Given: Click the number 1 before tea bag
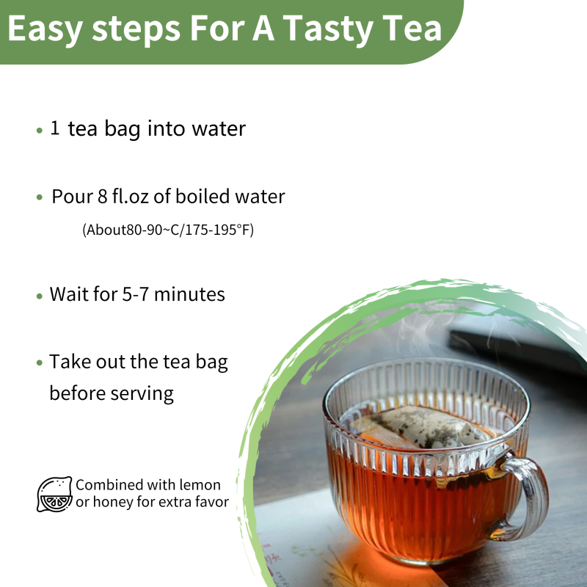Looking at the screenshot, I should click(55, 129).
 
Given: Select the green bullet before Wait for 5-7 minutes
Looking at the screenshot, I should click(40, 296).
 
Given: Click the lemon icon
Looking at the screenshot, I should click(54, 494).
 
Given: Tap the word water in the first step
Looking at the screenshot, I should click(218, 129).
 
